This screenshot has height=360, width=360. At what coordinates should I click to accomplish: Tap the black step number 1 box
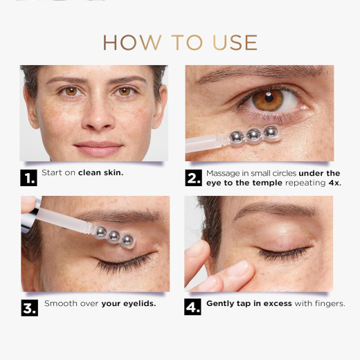[28, 178]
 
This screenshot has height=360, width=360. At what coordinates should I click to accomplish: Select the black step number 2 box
[193, 178]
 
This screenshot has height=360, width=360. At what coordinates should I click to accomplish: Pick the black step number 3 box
[30, 308]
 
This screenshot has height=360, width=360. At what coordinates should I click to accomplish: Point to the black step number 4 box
[192, 307]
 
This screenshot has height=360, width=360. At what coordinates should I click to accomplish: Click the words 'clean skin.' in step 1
[101, 172]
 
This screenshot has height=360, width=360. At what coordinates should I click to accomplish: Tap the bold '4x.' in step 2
[335, 183]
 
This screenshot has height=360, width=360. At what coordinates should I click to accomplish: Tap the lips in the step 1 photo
[98, 148]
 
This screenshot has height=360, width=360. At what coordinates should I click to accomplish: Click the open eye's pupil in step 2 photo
[269, 98]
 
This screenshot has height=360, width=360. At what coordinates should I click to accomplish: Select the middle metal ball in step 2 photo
[253, 134]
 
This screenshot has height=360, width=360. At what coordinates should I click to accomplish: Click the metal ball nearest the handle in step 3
[101, 232]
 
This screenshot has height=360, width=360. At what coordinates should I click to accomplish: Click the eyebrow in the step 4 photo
[276, 209]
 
